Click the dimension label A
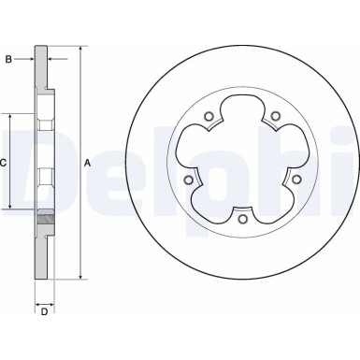pyautogui.click(x=87, y=163)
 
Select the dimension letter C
pyautogui.click(x=4, y=163)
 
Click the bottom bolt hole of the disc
pyautogui.click(x=242, y=220)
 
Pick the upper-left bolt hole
pyautogui.click(x=209, y=117)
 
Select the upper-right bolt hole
pyautogui.click(x=276, y=117)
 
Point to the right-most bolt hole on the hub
pyautogui.click(x=296, y=180)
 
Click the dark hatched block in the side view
pyautogui.click(x=43, y=220)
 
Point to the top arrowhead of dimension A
pyautogui.click(x=80, y=46)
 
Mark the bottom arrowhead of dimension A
pyautogui.click(x=80, y=276)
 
